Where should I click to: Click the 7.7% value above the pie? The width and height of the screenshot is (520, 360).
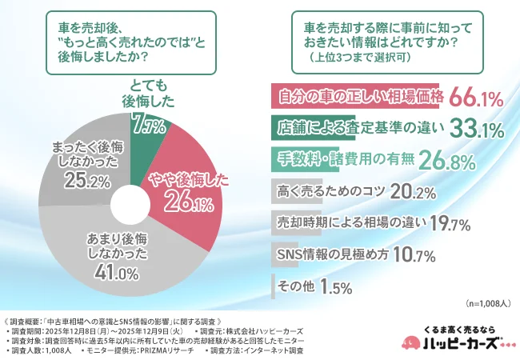click(147, 126)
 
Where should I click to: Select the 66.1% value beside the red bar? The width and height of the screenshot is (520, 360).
click(475, 98)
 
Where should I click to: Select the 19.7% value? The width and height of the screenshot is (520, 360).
click(454, 222)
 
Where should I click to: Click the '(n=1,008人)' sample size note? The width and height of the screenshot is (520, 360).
click(486, 305)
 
